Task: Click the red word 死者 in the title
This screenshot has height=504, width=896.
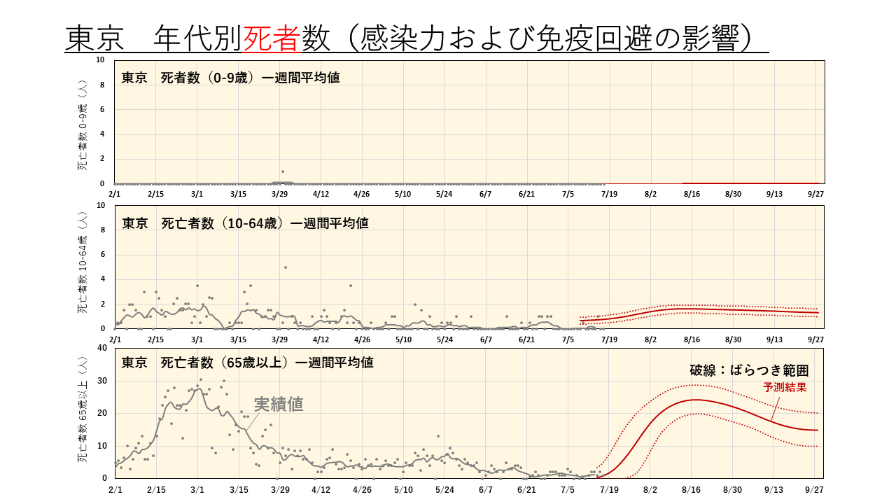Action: (271, 38)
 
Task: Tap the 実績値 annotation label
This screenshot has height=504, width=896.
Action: (279, 404)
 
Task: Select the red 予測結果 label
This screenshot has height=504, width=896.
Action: (785, 387)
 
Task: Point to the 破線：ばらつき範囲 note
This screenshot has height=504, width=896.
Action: (749, 370)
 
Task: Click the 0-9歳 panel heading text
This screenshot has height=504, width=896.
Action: (230, 77)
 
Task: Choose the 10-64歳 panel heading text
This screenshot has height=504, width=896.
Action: (245, 223)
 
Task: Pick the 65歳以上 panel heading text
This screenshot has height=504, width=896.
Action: (247, 363)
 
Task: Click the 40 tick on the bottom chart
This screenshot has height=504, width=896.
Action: (102, 348)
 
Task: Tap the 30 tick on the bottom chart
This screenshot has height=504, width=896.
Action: (102, 380)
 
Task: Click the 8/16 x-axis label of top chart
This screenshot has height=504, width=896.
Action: (692, 194)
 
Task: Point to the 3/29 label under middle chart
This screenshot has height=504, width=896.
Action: (279, 339)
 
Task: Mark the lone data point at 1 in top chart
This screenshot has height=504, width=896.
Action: (283, 171)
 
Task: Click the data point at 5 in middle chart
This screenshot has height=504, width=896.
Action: (285, 267)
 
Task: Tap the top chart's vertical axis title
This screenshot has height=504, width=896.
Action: (83, 125)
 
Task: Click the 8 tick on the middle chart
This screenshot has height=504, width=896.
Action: (102, 230)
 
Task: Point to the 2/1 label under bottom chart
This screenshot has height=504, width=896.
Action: (115, 489)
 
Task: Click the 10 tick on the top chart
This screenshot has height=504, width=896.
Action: (100, 60)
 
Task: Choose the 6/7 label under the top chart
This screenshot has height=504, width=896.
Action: (485, 194)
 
